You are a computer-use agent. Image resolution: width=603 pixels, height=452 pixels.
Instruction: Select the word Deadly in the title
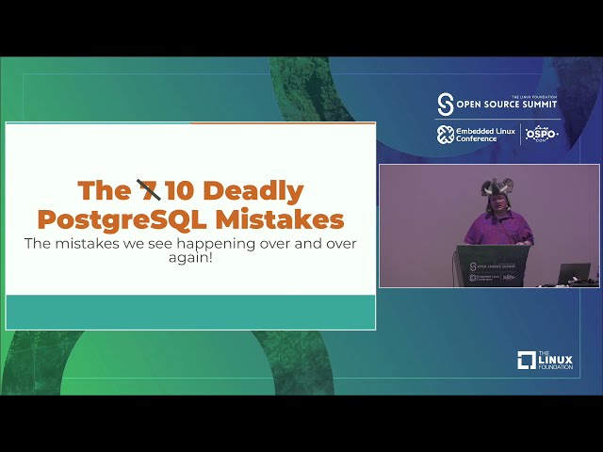click(253, 191)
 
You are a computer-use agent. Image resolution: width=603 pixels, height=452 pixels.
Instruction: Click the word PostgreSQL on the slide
click(122, 219)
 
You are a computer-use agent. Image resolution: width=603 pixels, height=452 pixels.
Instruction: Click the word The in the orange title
click(102, 191)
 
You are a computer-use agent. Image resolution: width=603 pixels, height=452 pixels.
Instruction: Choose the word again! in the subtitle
click(189, 257)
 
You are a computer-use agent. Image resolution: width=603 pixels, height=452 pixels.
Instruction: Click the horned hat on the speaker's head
click(497, 187)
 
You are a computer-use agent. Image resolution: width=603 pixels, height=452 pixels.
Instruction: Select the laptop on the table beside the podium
click(573, 274)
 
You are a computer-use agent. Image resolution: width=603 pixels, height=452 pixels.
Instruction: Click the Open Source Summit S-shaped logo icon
click(446, 105)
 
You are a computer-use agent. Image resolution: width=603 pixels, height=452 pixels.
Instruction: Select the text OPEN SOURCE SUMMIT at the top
click(508, 105)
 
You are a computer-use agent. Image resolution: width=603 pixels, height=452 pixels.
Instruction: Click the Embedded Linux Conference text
click(485, 135)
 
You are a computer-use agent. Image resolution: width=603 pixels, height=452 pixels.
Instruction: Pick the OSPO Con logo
click(541, 134)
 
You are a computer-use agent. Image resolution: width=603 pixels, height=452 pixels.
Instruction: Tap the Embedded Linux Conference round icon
click(446, 135)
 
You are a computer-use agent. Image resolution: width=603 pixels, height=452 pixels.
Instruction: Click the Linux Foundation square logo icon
click(527, 360)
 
